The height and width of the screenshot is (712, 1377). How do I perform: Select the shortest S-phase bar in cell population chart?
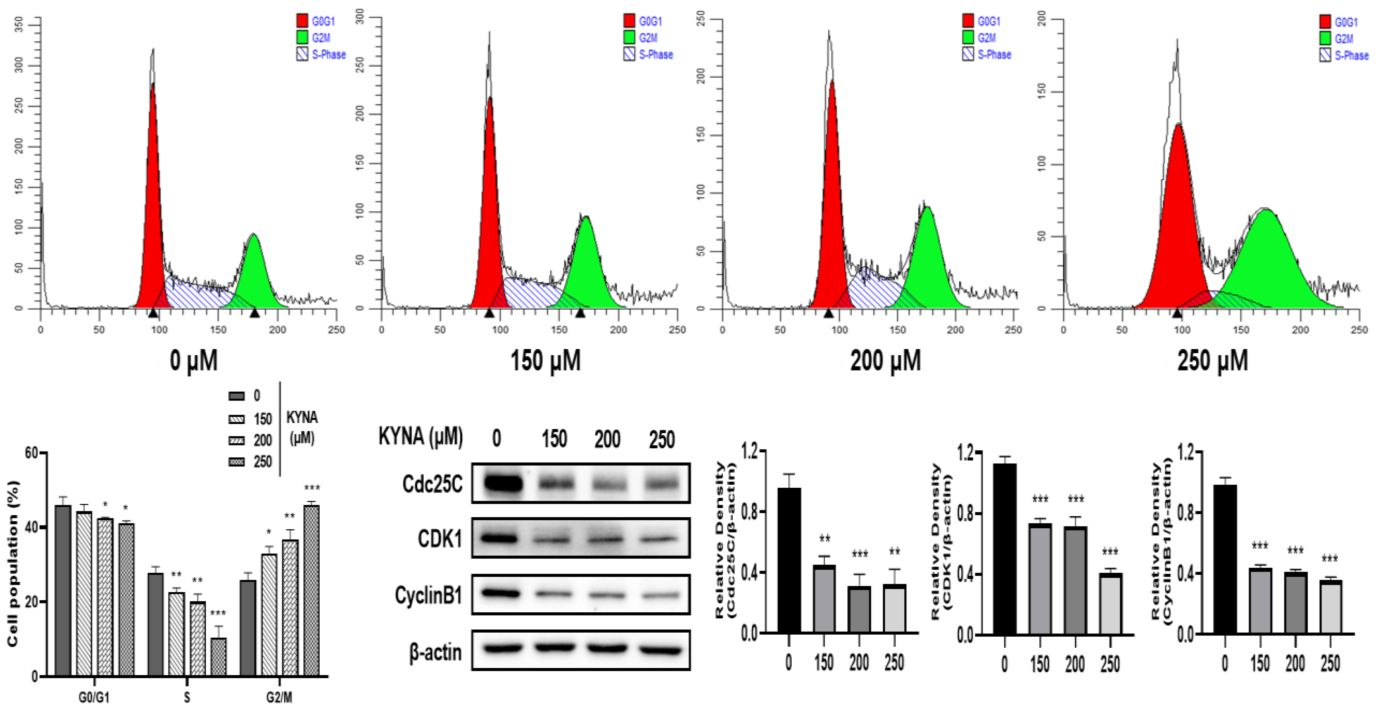pos(218,657)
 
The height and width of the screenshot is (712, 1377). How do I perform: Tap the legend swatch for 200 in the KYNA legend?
pos(236,440)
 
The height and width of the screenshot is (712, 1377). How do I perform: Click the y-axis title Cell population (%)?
pos(13,563)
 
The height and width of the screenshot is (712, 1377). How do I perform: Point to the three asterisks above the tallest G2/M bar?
pos(312,488)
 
